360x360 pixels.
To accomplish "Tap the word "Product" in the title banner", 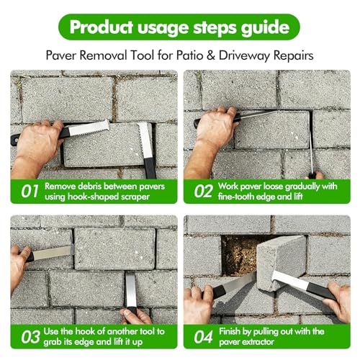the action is [x=101, y=27].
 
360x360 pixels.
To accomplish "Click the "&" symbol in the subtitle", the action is [x=210, y=55].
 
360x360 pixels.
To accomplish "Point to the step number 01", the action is [x=30, y=192].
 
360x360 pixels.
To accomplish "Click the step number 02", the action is [x=203, y=192].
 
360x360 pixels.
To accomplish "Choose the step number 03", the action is [x=30, y=337].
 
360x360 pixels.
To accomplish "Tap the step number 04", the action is [x=203, y=337].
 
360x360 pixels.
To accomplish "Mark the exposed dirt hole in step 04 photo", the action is [x=239, y=256].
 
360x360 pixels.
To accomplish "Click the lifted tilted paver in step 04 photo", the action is [x=281, y=262].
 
